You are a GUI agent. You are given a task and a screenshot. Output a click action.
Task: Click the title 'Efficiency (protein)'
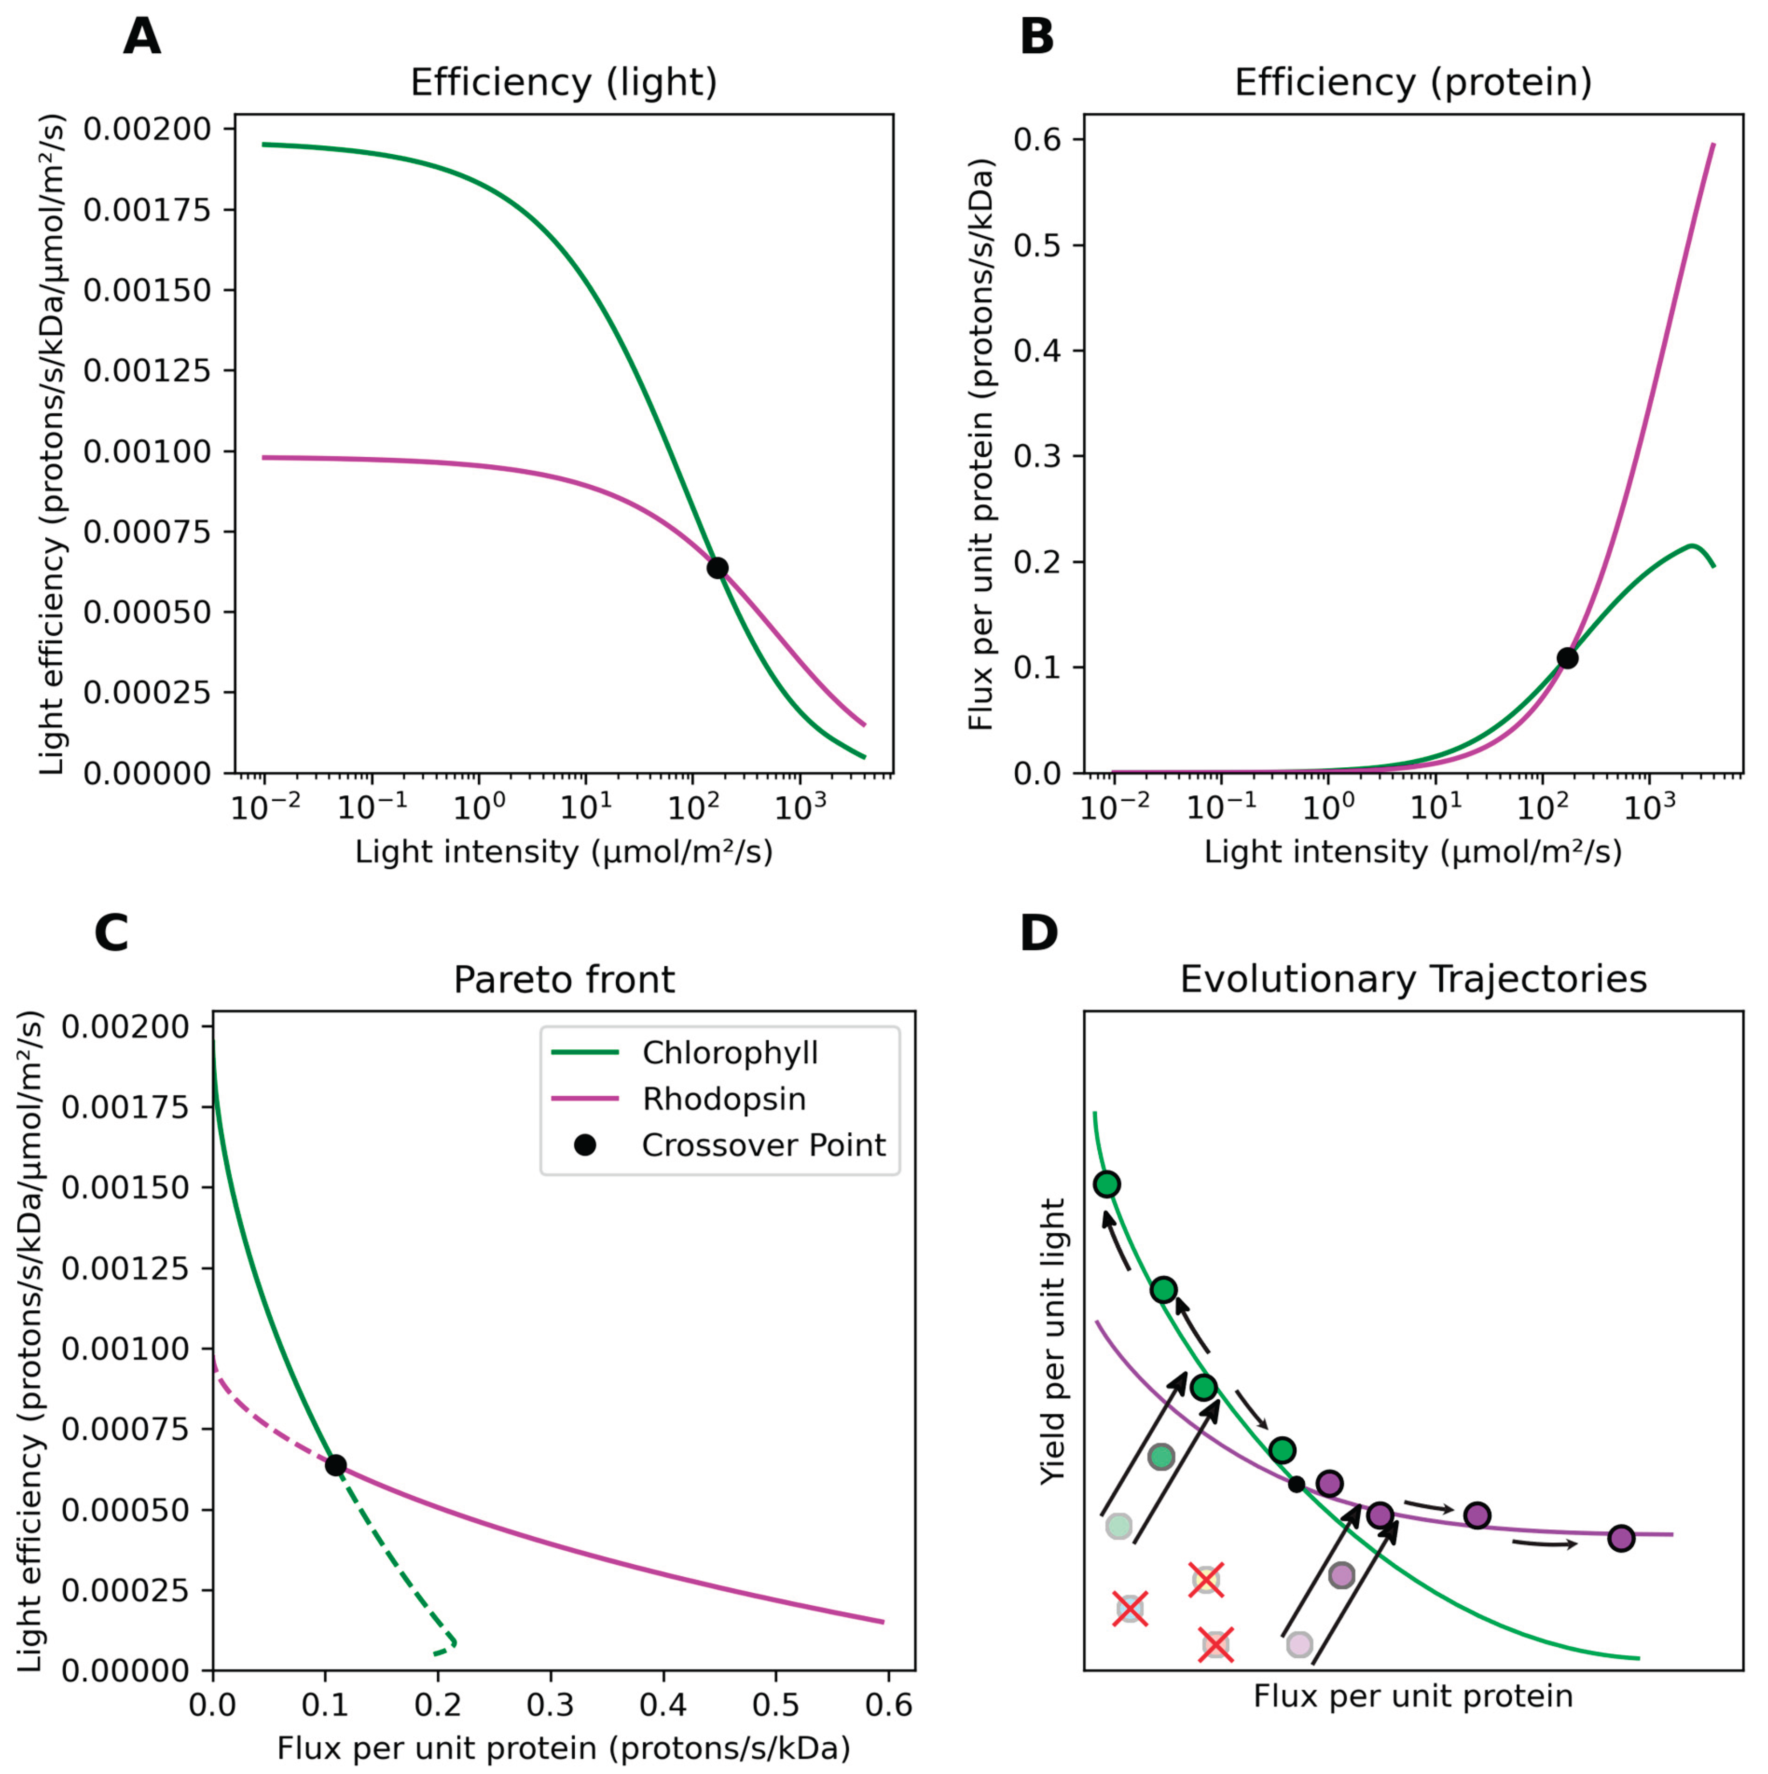coord(1412,83)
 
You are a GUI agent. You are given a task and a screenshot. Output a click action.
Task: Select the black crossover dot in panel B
coord(1567,658)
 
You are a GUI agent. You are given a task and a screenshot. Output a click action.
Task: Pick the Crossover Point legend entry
coord(763,1145)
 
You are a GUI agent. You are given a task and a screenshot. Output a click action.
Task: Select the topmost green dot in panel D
coord(1107,1184)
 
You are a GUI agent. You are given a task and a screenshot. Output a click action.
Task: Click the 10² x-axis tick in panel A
coord(693,808)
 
